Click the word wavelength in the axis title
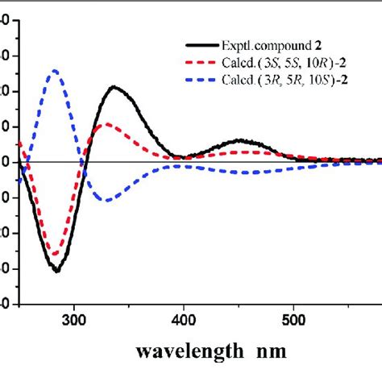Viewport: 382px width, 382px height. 185,353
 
